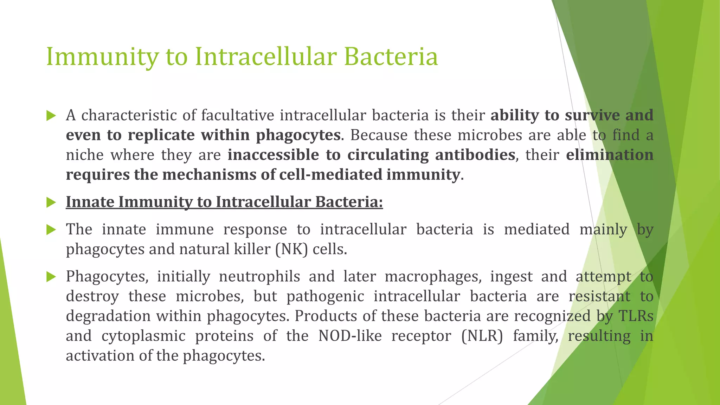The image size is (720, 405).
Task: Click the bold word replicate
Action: click(x=161, y=135)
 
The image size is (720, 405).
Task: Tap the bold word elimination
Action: click(x=610, y=155)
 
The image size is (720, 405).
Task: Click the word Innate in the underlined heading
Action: click(x=90, y=202)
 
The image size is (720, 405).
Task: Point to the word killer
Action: click(x=252, y=249)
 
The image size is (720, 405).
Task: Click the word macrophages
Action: click(x=433, y=277)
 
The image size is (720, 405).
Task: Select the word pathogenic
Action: click(x=325, y=296)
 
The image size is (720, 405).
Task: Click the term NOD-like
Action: click(x=350, y=336)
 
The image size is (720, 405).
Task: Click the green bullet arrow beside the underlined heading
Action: click(x=51, y=202)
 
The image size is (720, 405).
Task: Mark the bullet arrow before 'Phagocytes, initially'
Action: click(x=51, y=277)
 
